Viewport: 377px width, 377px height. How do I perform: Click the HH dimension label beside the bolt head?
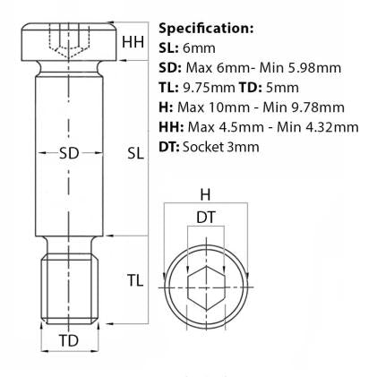[133, 41]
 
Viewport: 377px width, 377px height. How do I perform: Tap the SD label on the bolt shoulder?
[69, 153]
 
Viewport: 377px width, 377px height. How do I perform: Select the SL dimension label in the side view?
[135, 153]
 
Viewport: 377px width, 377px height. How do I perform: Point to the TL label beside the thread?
[135, 280]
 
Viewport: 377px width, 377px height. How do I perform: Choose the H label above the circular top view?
[205, 194]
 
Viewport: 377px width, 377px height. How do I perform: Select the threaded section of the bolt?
[69, 280]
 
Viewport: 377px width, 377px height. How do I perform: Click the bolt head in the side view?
[69, 40]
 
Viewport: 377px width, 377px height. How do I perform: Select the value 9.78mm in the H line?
[322, 107]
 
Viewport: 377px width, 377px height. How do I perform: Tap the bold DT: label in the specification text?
[169, 146]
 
